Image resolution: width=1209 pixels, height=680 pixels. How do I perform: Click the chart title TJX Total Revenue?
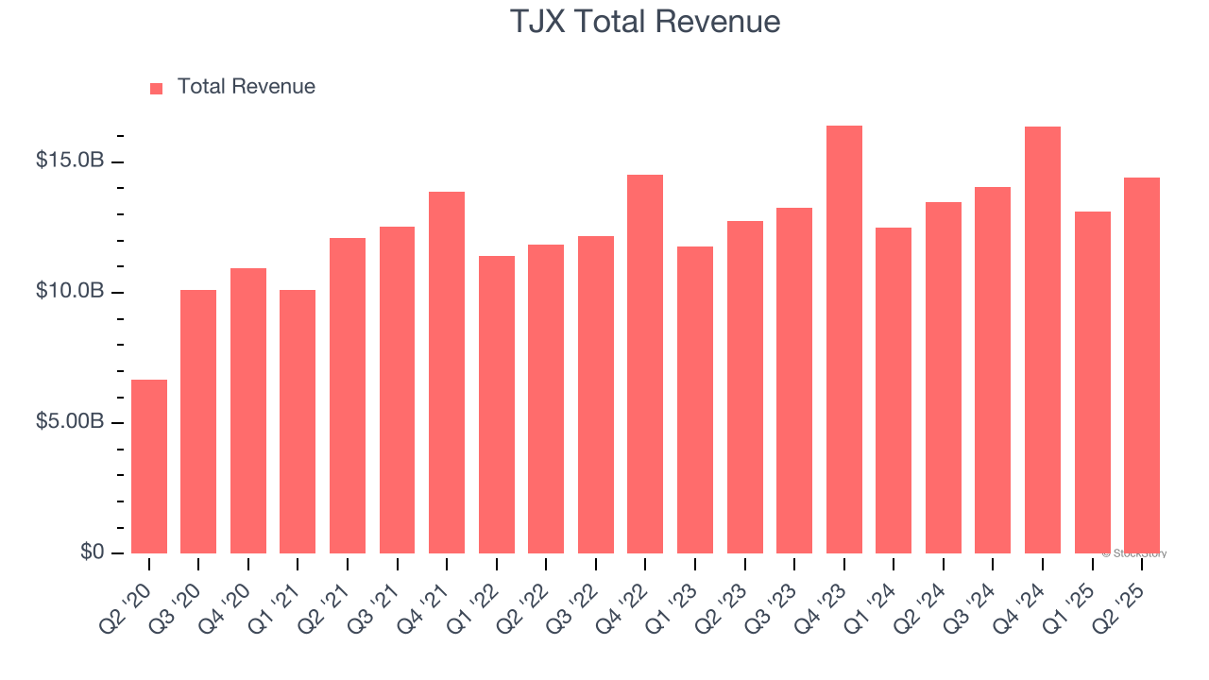point(645,22)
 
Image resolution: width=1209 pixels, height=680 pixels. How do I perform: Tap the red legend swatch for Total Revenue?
point(157,88)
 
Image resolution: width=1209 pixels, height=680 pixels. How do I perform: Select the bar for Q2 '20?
point(149,467)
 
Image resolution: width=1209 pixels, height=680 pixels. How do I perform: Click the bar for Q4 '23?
point(843,339)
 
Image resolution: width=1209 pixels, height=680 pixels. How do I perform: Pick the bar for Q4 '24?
point(1042,340)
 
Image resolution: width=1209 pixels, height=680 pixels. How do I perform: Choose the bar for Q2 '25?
point(1141,365)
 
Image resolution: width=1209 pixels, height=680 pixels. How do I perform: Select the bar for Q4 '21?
point(447,372)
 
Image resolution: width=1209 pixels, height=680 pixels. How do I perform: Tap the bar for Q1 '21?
point(298,421)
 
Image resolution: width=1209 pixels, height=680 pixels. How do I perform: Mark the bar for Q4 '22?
point(645,364)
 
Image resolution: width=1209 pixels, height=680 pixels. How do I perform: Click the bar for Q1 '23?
point(695,399)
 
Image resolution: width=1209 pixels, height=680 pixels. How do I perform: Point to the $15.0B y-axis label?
point(69,161)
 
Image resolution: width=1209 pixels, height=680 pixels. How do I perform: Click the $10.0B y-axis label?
point(69,292)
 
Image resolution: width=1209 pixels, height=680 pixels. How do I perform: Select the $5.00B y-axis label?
point(69,422)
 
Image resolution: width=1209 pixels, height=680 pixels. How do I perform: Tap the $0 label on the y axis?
point(91,552)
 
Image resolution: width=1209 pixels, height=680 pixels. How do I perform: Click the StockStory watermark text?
point(1134,553)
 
